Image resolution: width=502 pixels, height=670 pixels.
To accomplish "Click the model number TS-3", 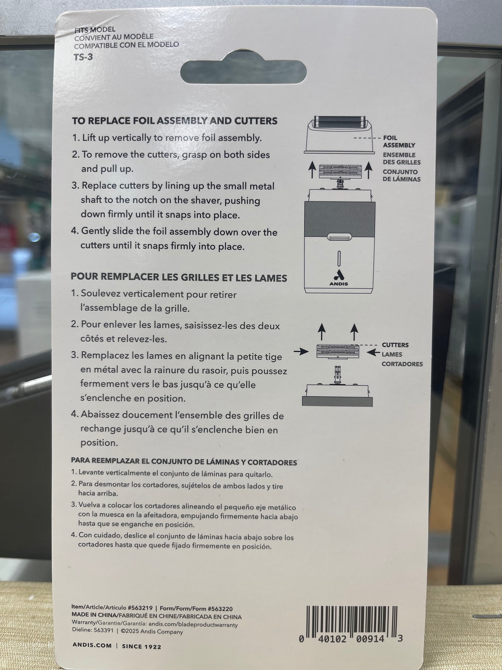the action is point(83,57).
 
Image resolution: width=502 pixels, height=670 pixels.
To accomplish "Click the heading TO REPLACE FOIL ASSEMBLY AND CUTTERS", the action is point(175,121).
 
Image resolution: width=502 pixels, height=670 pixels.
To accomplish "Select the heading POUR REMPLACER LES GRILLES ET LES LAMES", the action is point(179,277).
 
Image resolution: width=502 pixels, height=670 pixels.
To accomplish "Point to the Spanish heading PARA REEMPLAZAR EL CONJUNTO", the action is point(184,462).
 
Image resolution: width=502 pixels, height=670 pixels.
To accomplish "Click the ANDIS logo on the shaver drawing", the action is point(339,279).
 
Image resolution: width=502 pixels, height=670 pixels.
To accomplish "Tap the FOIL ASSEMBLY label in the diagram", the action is point(399,142).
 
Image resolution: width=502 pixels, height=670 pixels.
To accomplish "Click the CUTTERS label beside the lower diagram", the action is point(395,345).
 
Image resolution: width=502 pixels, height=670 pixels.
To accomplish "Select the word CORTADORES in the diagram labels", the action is point(402,364).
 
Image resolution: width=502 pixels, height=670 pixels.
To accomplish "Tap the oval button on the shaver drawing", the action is point(339,237).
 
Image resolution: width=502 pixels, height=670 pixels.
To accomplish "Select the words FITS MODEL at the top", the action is point(95,29).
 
